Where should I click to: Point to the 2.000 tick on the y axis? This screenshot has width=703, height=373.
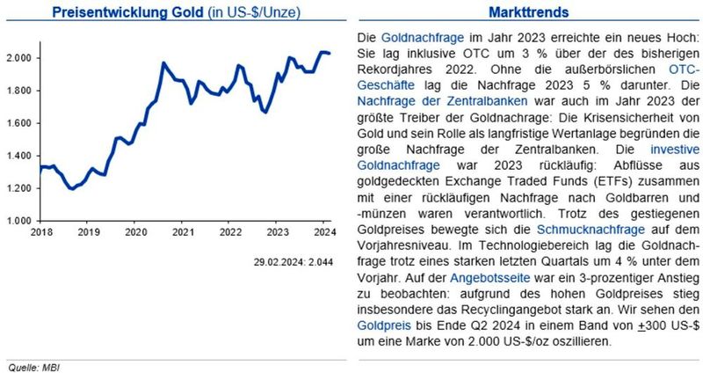click(x=21, y=58)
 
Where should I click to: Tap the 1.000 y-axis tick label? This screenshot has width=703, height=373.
click(x=21, y=220)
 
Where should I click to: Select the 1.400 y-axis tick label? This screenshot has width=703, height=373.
click(x=21, y=156)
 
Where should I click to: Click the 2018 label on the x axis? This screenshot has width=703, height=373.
click(x=40, y=232)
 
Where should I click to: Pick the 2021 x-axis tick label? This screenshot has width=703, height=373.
click(x=183, y=232)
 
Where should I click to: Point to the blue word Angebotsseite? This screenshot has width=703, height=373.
click(x=489, y=277)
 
